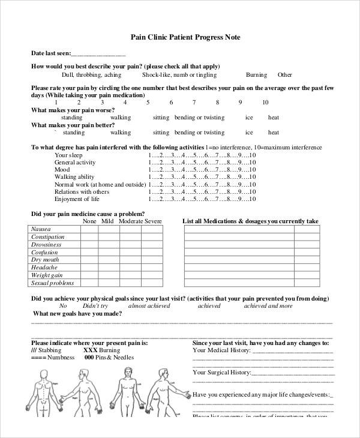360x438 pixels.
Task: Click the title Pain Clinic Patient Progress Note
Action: (185, 37)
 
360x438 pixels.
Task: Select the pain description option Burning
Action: (256, 75)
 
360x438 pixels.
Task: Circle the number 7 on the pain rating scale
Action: (194, 103)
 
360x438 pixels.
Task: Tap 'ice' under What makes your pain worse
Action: (249, 118)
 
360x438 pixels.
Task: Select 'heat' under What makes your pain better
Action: (274, 133)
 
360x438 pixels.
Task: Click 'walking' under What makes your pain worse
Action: (121, 118)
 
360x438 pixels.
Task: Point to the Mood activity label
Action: (62, 170)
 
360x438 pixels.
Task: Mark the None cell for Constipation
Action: (89, 237)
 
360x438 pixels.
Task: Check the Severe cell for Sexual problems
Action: (152, 283)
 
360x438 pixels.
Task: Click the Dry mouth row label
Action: (45, 260)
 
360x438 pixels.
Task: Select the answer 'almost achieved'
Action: (149, 305)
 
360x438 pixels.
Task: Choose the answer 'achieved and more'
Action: (268, 305)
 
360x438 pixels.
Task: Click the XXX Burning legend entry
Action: (101, 349)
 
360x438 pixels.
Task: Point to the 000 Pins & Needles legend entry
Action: (109, 357)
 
